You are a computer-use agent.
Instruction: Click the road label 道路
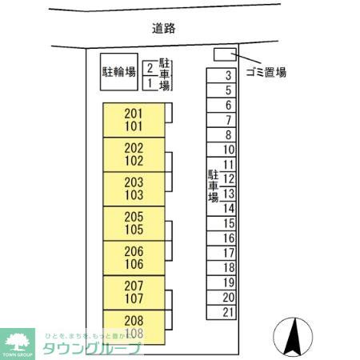click(x=163, y=28)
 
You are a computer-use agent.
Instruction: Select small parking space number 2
click(x=150, y=68)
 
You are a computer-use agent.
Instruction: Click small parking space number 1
click(x=150, y=82)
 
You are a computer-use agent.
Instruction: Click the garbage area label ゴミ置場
click(x=266, y=73)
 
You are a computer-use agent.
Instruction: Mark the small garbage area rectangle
click(x=223, y=54)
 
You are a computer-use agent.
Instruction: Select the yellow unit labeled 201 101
click(x=134, y=120)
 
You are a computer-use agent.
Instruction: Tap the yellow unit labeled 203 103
click(x=134, y=189)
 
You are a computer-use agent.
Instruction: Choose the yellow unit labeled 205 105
click(x=134, y=223)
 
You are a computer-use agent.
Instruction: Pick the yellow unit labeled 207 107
click(x=134, y=293)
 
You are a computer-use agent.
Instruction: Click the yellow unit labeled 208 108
click(x=134, y=327)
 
